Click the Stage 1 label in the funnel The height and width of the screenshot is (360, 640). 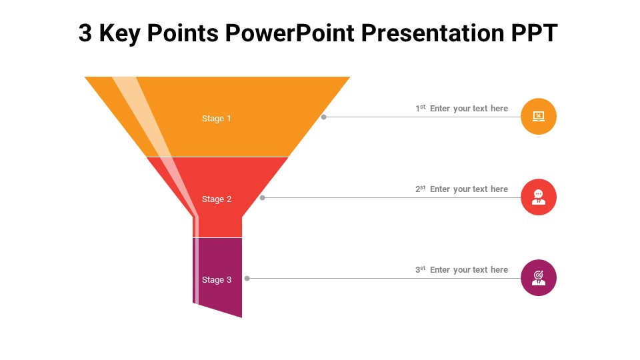[217, 119]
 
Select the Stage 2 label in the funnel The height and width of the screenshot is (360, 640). [217, 199]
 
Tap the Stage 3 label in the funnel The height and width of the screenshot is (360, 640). [217, 280]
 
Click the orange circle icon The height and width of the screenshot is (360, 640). [539, 117]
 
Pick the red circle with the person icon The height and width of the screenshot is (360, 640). [539, 197]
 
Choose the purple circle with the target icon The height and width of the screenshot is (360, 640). [539, 277]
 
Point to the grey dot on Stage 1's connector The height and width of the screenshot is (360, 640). [324, 117]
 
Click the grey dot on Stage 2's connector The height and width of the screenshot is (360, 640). [263, 197]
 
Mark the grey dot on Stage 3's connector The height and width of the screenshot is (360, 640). [247, 278]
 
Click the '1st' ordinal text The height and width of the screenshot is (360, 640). [420, 108]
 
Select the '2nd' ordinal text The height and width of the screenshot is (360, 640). [420, 189]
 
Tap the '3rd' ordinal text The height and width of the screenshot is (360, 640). [420, 269]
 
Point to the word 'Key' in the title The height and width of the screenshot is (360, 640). [118, 33]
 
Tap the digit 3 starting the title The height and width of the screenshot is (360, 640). [85, 33]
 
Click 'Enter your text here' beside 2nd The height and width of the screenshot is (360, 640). [469, 189]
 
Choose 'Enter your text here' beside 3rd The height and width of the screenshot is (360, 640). [469, 270]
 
